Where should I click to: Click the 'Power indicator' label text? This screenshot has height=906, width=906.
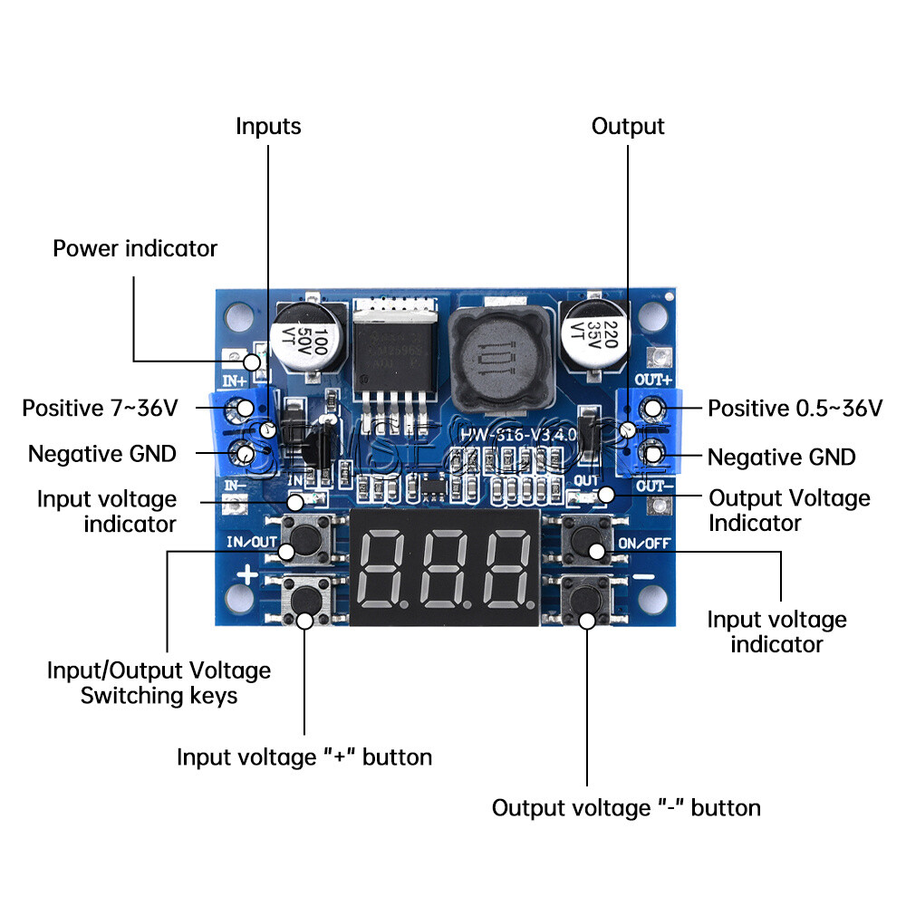[x=135, y=248]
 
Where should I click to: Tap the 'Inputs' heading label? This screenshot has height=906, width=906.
[x=268, y=126]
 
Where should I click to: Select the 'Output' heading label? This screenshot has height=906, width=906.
[x=628, y=126]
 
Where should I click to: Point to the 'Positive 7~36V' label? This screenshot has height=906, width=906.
[x=101, y=409]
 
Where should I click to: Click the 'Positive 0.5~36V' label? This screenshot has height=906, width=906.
[x=795, y=409]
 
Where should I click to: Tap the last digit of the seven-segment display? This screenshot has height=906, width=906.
[x=506, y=572]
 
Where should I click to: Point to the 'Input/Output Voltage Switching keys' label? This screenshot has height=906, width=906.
[x=159, y=683]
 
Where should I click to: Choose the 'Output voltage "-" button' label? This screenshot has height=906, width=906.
[x=626, y=807]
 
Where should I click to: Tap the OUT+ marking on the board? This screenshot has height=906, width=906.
[x=652, y=379]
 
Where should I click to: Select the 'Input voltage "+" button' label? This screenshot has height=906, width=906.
[x=304, y=757]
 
